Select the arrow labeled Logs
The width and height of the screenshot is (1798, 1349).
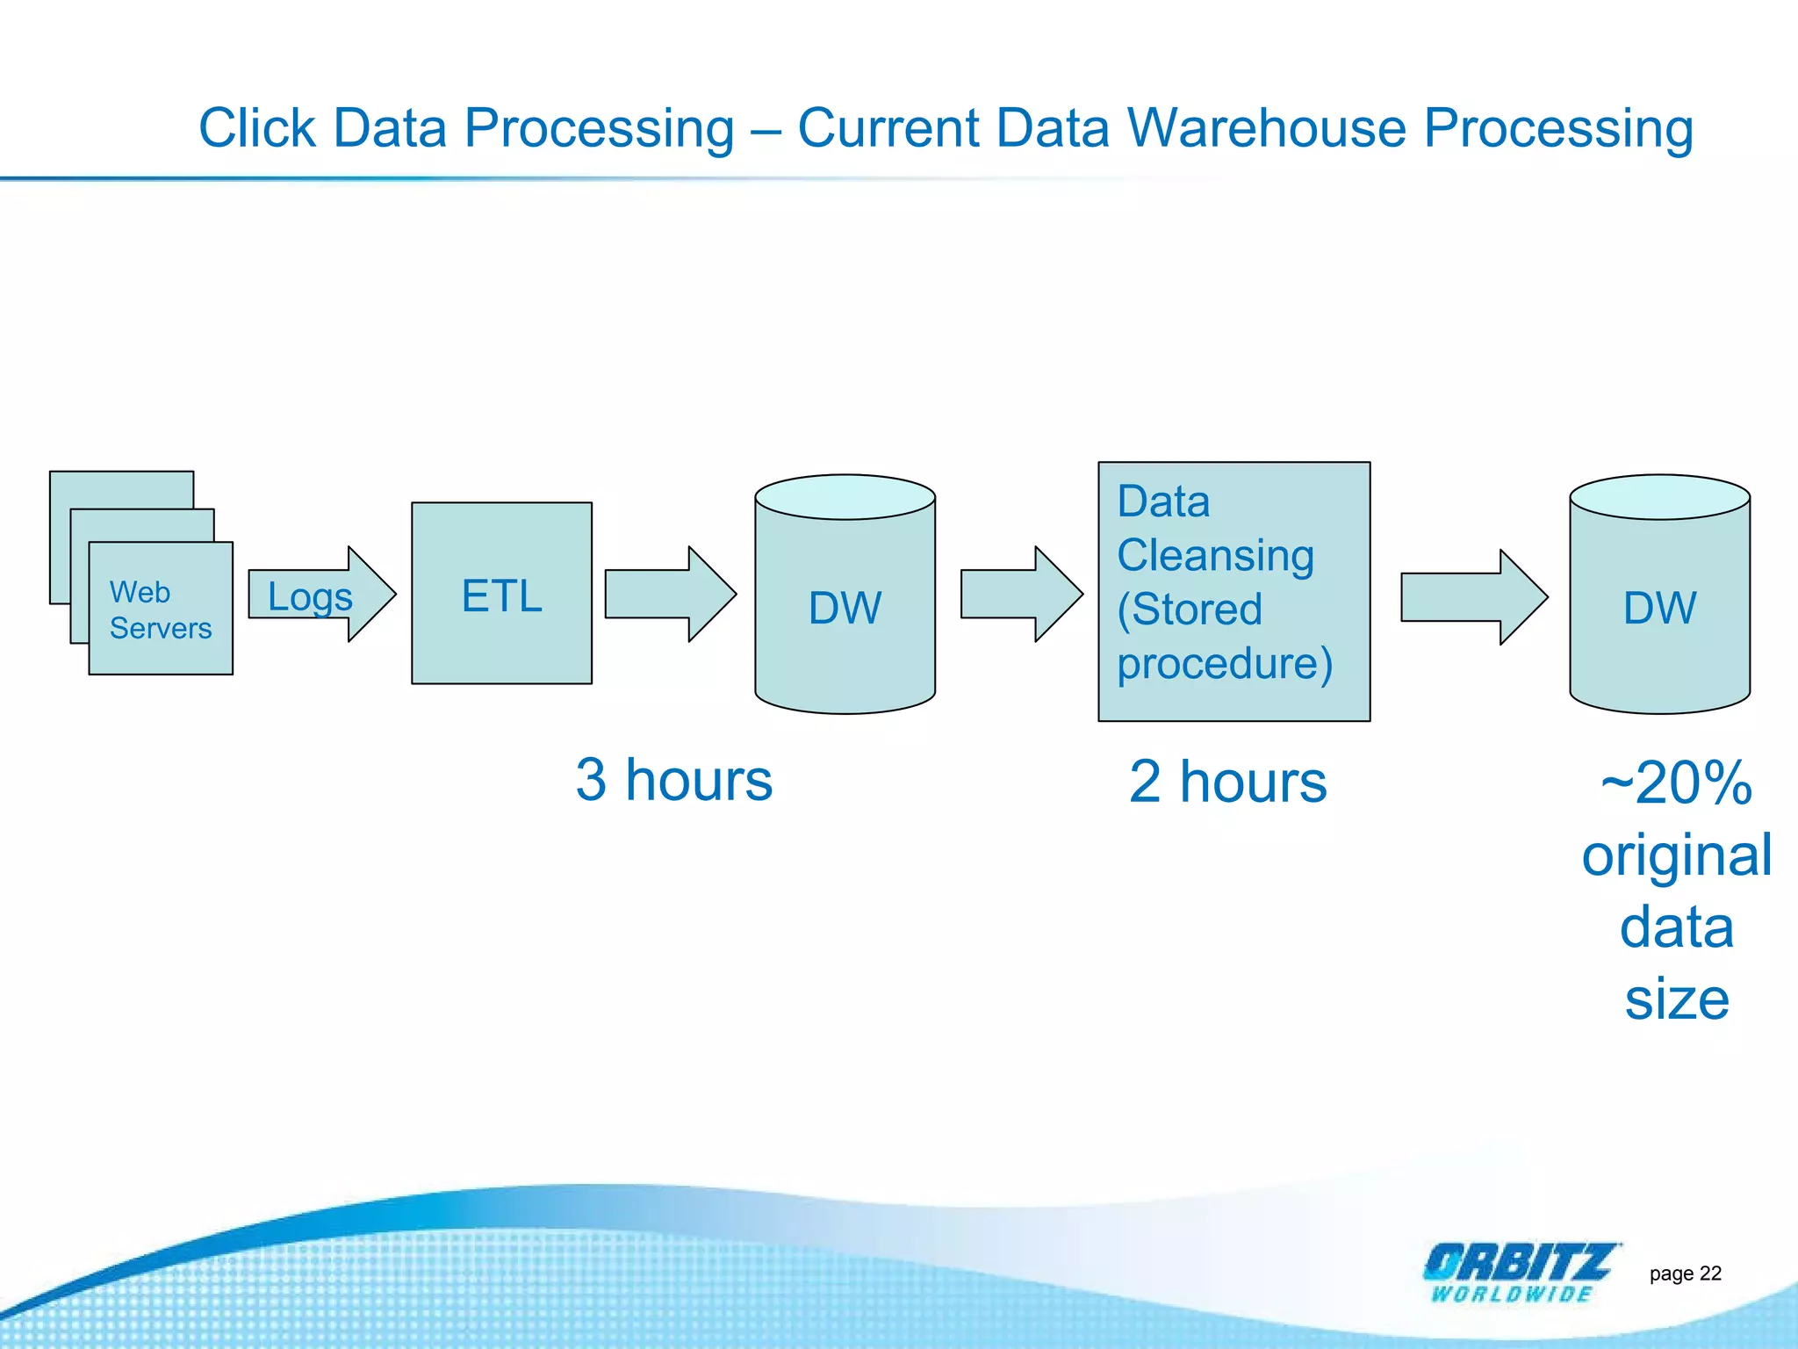(x=316, y=595)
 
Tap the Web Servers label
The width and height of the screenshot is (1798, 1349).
(x=160, y=610)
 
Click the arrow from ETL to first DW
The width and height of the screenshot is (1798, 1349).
(x=667, y=594)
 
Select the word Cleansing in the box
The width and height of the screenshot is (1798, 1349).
(x=1215, y=555)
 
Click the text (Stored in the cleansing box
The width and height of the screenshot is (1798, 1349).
(x=1189, y=609)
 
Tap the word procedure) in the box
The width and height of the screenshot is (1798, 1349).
(x=1224, y=662)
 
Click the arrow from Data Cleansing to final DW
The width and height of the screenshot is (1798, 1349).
(x=1471, y=597)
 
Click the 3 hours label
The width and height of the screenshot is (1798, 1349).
(x=673, y=780)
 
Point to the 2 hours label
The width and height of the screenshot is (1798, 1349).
(x=1227, y=782)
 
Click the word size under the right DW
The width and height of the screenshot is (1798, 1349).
(x=1676, y=999)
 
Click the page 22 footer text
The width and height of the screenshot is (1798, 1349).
(x=1685, y=1273)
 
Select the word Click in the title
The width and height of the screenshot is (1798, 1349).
(x=256, y=128)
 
